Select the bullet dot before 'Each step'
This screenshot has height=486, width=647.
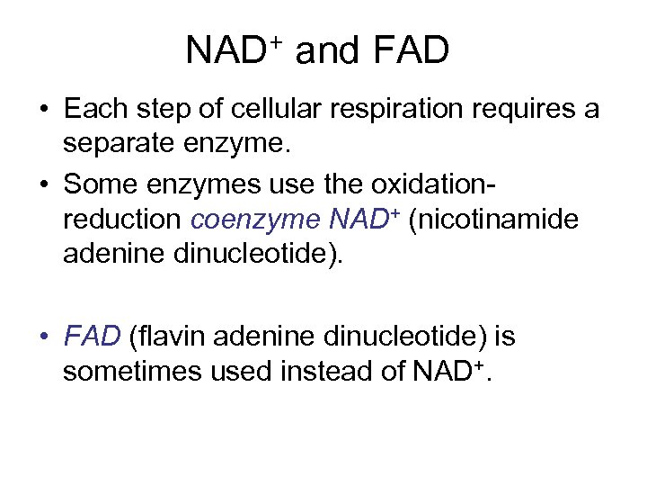[x=43, y=111]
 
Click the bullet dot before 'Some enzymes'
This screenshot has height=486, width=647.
[x=43, y=185]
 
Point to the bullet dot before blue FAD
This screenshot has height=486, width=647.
[x=43, y=337]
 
